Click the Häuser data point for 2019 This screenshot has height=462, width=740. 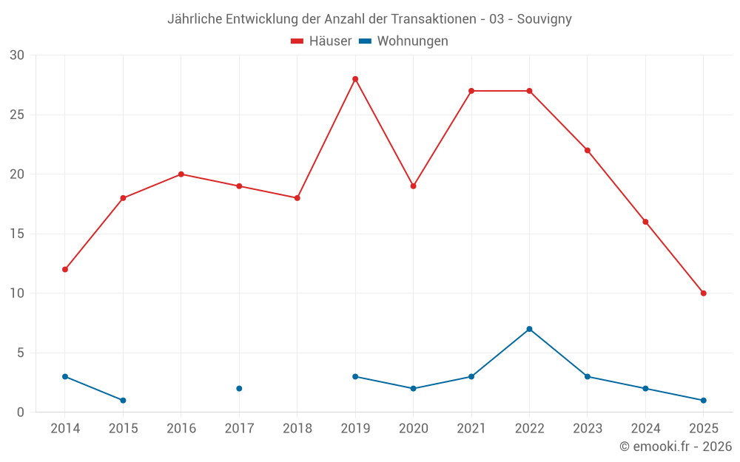pyautogui.click(x=355, y=79)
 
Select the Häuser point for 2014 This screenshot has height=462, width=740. pyautogui.click(x=65, y=269)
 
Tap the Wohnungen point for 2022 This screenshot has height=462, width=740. pyautogui.click(x=529, y=329)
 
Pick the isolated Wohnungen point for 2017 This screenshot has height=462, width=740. pyautogui.click(x=239, y=388)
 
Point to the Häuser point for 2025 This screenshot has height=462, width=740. pyautogui.click(x=703, y=293)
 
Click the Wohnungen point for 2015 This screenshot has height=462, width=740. pyautogui.click(x=123, y=400)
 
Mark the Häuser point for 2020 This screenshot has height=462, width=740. pyautogui.click(x=413, y=186)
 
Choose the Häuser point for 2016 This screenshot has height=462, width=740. pyautogui.click(x=181, y=174)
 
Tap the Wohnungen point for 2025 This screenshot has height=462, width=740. pyautogui.click(x=703, y=400)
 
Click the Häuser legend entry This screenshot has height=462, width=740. pyautogui.click(x=322, y=41)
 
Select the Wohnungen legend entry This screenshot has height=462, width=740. pyautogui.click(x=404, y=41)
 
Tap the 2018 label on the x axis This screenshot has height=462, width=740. pyautogui.click(x=297, y=429)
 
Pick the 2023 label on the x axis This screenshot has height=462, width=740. pyautogui.click(x=587, y=429)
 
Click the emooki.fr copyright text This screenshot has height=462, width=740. pyautogui.click(x=676, y=446)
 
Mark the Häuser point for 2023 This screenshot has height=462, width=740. pyautogui.click(x=587, y=150)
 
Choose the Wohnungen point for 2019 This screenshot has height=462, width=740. pyautogui.click(x=355, y=376)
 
